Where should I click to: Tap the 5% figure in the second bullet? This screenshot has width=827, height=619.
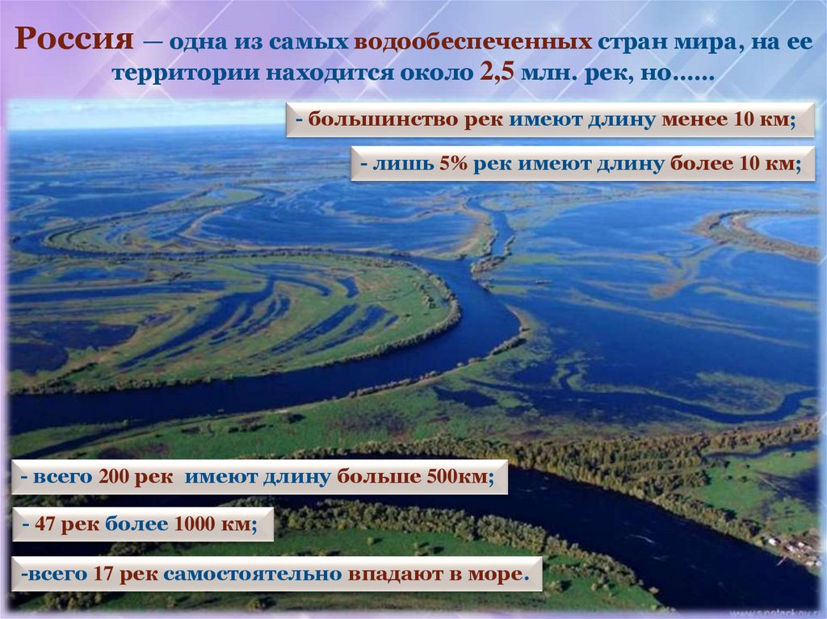pyautogui.click(x=454, y=163)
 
